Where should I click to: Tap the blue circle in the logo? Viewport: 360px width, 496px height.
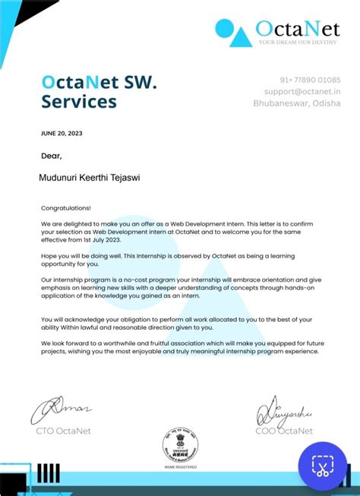pos(225,28)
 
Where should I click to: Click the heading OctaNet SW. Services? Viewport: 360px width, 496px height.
pos(99,91)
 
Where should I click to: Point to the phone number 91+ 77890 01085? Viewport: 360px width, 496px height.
pos(310,80)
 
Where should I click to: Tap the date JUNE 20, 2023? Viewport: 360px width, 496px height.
pos(62,133)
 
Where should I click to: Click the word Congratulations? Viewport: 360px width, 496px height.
pos(66,207)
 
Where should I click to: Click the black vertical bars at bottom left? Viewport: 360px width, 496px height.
pos(49,472)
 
